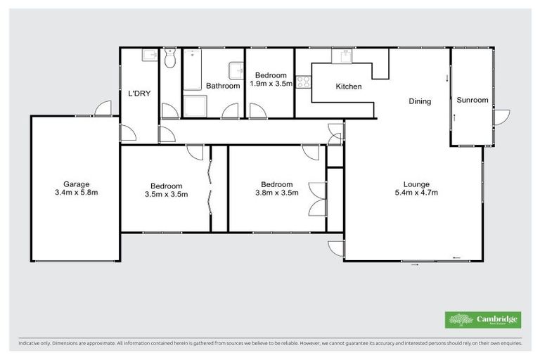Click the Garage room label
point(76,184)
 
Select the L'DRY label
point(138,93)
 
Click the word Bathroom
point(223,86)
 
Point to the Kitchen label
point(349,86)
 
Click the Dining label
point(420,101)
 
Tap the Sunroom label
point(472,100)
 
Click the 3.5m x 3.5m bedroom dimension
point(167,195)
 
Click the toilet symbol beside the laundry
point(169,60)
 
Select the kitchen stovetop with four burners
point(303,82)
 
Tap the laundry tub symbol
point(150,56)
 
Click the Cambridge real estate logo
point(482,320)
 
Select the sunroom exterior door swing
point(501,117)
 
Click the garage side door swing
point(103,109)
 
